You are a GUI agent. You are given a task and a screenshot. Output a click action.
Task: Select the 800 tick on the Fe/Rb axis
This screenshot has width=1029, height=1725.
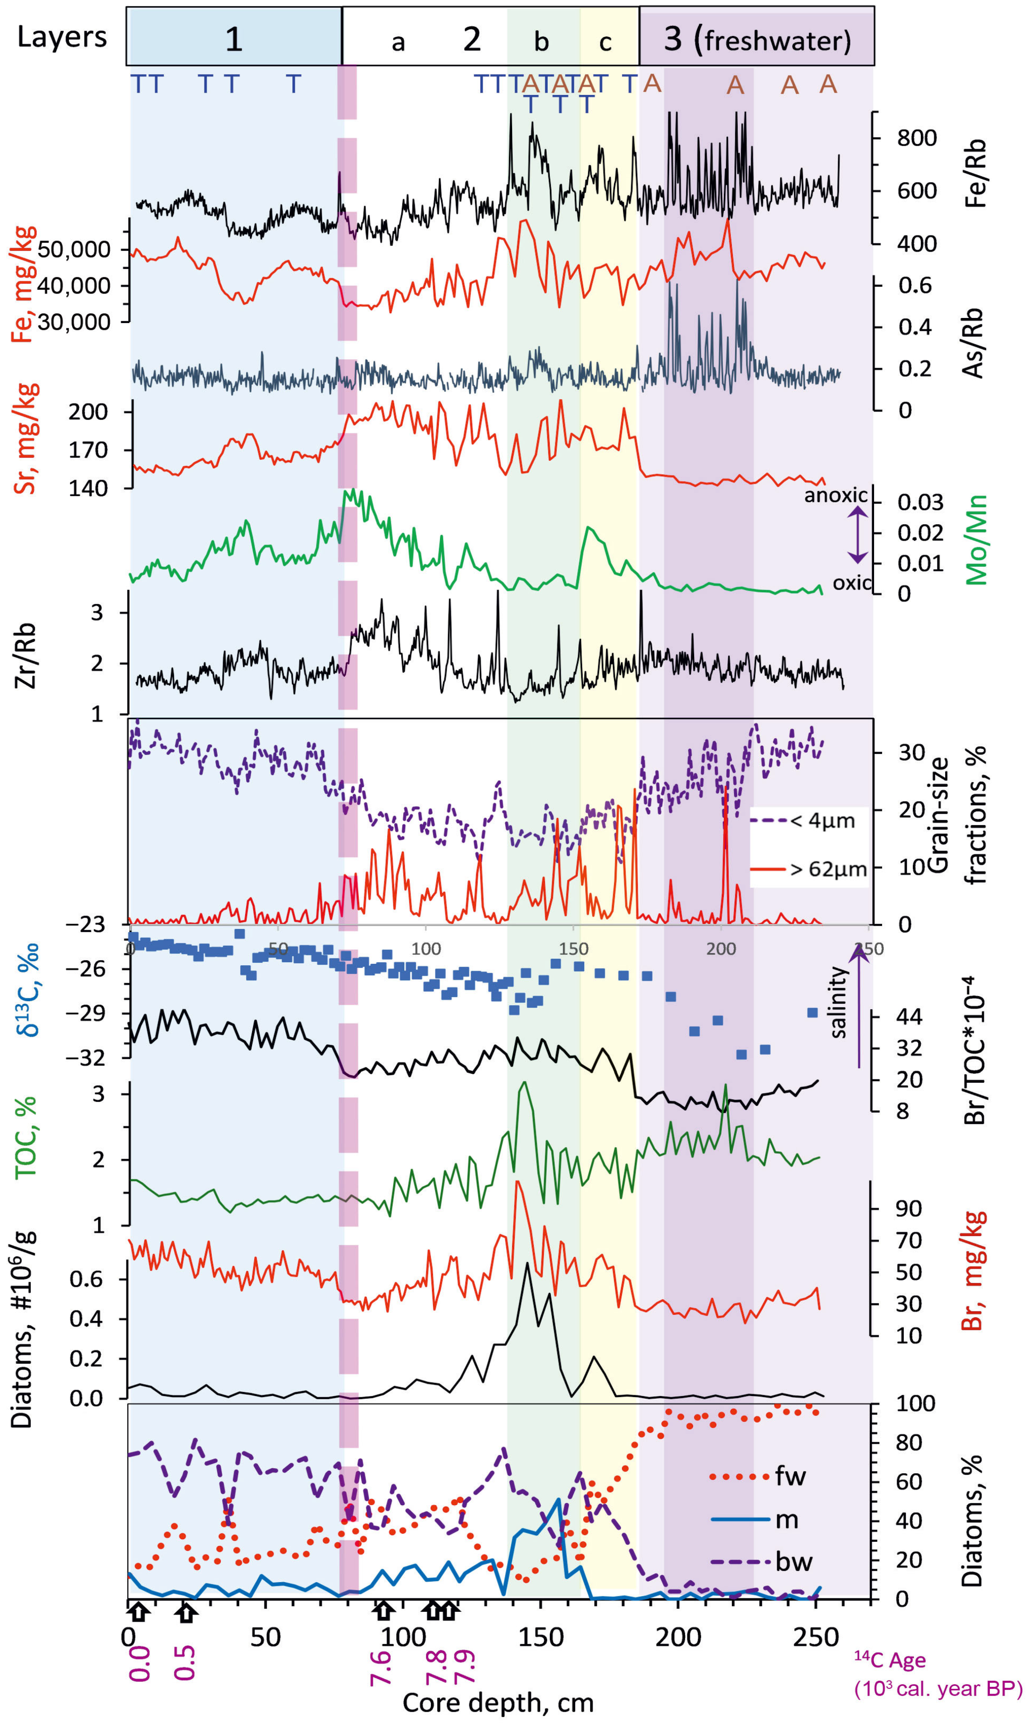917,138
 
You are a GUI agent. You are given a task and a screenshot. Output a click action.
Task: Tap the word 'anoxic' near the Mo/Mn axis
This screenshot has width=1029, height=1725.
835,495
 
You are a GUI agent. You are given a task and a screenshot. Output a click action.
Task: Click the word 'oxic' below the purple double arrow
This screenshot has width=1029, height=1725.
851,582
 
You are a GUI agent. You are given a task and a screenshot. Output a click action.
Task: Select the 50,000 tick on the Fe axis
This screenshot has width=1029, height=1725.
74,249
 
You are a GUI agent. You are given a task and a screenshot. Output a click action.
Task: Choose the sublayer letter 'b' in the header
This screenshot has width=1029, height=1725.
541,42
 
